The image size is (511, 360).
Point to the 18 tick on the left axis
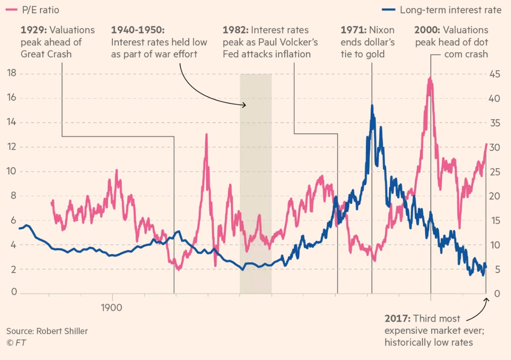(x=12, y=74)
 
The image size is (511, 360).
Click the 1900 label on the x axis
(x=112, y=307)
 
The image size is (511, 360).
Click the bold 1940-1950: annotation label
(x=137, y=30)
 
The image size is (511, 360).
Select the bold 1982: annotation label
(x=235, y=30)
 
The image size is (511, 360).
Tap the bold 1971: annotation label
(x=353, y=30)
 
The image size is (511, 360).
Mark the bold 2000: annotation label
(x=428, y=30)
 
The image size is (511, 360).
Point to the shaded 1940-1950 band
(x=255, y=183)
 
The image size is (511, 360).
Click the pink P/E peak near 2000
(x=431, y=78)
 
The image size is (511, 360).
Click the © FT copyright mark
(x=16, y=342)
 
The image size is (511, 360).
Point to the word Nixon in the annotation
(x=382, y=30)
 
